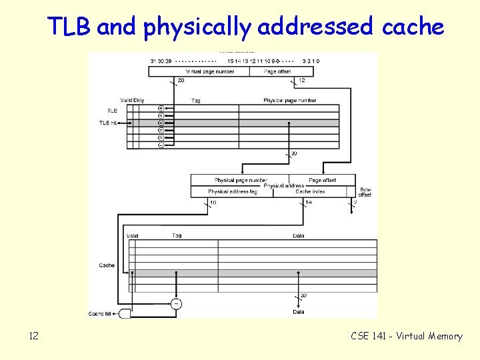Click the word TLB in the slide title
point(70,27)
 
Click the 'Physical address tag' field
point(233,191)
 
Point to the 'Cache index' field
point(310,191)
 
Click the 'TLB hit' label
point(108,123)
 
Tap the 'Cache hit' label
point(103,313)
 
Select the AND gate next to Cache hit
point(125,313)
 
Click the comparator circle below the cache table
point(176,304)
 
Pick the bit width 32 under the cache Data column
point(304,295)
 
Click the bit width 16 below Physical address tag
point(213,202)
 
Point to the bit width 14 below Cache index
point(309,202)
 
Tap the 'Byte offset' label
point(365,192)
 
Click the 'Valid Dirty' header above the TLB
point(132,101)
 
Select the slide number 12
point(33,336)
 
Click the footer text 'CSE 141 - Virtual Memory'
point(406,336)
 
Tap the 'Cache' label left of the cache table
point(107,265)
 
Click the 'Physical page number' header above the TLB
point(289,101)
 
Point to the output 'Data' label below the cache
point(299,312)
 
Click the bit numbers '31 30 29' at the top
point(161,61)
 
